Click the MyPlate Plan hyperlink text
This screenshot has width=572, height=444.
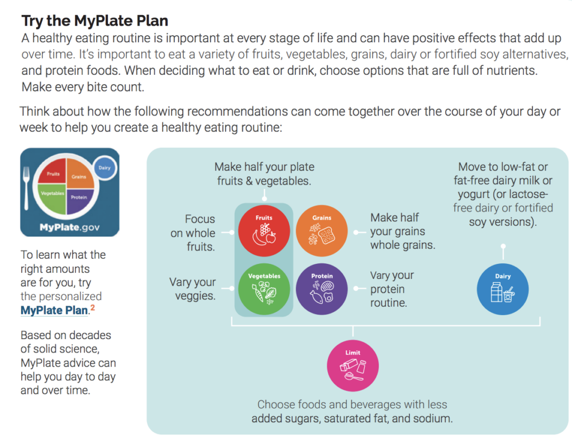54,310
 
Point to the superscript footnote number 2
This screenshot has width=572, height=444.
92,307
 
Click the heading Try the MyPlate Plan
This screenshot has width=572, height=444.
95,21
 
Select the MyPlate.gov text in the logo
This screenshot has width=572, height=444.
70,227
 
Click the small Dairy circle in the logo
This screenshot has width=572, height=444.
104,167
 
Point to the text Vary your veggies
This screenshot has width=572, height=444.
193,289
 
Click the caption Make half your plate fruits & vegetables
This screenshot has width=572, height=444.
264,173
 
